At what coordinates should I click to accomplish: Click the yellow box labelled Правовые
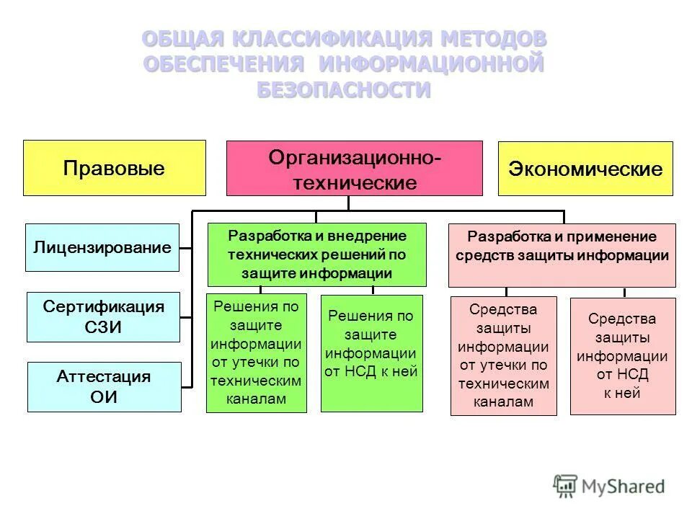[114, 168]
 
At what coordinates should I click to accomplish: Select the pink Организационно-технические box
[354, 168]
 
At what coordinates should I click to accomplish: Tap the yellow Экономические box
[585, 169]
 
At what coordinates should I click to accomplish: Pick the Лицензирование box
[102, 247]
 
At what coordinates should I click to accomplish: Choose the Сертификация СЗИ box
[103, 316]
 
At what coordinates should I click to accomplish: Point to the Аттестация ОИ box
[104, 386]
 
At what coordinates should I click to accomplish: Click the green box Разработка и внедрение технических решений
[316, 254]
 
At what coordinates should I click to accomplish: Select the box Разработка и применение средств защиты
[562, 254]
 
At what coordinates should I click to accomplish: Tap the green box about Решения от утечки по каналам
[256, 352]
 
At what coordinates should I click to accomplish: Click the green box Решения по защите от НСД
[371, 352]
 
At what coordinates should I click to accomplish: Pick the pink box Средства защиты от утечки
[503, 355]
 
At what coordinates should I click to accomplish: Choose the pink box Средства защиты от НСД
[622, 355]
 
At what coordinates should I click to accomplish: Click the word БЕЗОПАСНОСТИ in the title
[344, 90]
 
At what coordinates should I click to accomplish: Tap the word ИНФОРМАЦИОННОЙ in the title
[430, 64]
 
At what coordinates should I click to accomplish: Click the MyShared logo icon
[565, 487]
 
